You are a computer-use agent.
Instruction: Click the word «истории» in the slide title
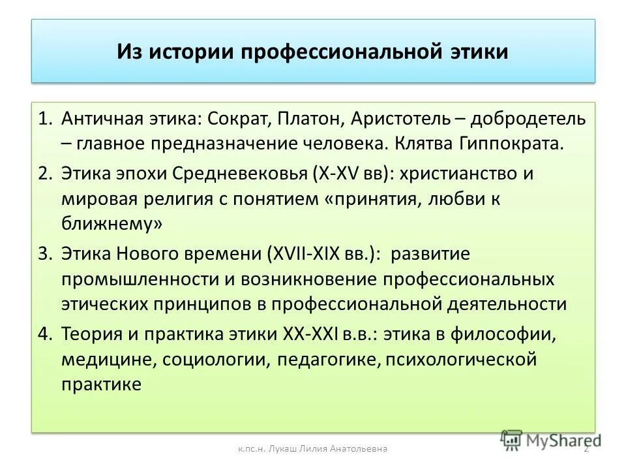191,52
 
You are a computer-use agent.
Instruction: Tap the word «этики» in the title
479,52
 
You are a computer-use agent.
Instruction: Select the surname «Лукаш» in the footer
282,448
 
